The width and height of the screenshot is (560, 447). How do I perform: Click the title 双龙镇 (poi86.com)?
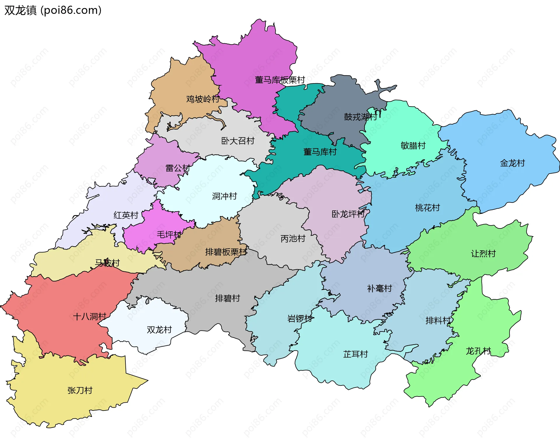53,10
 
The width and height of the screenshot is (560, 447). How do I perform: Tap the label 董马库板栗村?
280,80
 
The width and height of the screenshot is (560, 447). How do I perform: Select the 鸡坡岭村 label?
203,99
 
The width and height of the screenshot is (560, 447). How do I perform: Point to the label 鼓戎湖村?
360,117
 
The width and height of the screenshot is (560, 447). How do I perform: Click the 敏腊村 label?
413,145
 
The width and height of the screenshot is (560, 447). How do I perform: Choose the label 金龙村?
512,163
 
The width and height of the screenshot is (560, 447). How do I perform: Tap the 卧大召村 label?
238,141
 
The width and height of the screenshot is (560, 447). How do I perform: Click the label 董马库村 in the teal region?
320,152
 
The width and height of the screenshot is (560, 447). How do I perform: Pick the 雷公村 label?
178,168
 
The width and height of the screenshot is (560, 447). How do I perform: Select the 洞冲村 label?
224,196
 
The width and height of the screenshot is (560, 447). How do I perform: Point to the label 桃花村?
427,208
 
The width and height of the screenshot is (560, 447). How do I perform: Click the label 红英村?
126,215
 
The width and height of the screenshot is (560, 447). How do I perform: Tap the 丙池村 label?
293,239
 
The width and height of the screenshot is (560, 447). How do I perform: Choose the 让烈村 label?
483,254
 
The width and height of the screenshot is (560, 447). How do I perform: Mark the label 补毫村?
379,289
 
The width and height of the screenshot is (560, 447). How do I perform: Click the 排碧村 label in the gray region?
228,298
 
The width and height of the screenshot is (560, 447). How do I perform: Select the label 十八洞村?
90,317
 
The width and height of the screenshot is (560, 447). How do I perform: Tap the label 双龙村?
159,330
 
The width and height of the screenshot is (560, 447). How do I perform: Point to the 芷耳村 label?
356,354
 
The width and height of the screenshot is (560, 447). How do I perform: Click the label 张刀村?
80,390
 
